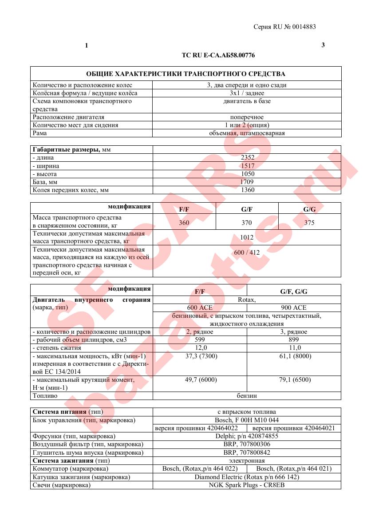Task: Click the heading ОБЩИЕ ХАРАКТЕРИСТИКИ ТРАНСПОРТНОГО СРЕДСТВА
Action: tap(185, 74)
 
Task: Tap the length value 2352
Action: tap(247, 158)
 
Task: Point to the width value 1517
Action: tap(247, 166)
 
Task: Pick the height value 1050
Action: tap(247, 174)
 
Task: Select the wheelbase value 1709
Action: tap(247, 182)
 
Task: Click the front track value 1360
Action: tap(247, 190)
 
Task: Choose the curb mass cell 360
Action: tap(184, 223)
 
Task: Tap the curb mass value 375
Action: tap(309, 223)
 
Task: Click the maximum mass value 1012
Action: tap(247, 237)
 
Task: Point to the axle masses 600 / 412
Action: tap(247, 252)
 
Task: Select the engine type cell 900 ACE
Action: tap(294, 308)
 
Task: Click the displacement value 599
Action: tap(200, 340)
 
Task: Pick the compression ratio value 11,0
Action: tap(294, 348)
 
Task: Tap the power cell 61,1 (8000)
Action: tap(294, 356)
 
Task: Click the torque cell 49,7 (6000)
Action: tap(200, 380)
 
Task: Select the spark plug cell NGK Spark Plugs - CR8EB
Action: tap(247, 485)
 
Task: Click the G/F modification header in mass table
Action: tap(247, 209)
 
